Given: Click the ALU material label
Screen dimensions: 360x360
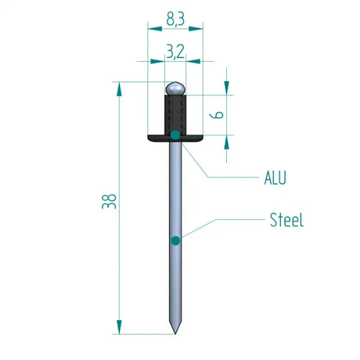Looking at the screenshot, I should point(274,178).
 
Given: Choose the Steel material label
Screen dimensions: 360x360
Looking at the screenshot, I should point(286,220).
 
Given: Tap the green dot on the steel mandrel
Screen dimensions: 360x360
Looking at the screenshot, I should point(175,239).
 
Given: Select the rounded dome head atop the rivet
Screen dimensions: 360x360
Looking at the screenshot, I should point(175,87).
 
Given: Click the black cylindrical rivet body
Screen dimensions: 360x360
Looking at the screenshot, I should point(175,113).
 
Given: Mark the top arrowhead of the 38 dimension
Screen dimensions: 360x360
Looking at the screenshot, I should point(119,88).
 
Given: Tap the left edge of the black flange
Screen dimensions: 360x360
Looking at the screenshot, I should point(149,137).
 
